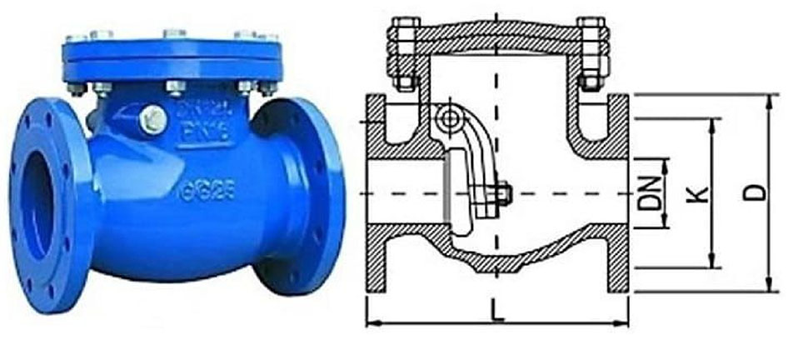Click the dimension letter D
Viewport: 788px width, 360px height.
[756, 193]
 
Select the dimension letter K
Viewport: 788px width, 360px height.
[702, 194]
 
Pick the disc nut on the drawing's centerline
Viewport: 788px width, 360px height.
[504, 193]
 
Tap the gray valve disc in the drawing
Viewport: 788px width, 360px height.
[447, 188]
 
